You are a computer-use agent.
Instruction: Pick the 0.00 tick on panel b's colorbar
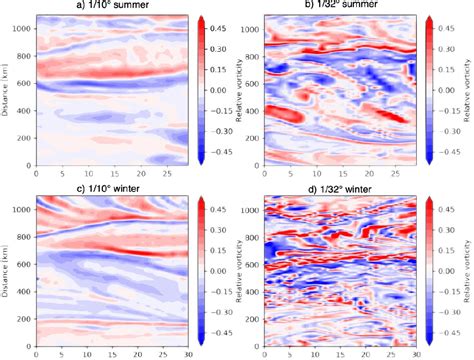(x=457, y=90)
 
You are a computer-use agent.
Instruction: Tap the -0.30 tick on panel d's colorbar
(x=457, y=307)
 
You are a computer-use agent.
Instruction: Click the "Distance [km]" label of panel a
(x=7, y=91)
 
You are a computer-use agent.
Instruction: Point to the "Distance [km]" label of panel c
(x=7, y=270)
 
